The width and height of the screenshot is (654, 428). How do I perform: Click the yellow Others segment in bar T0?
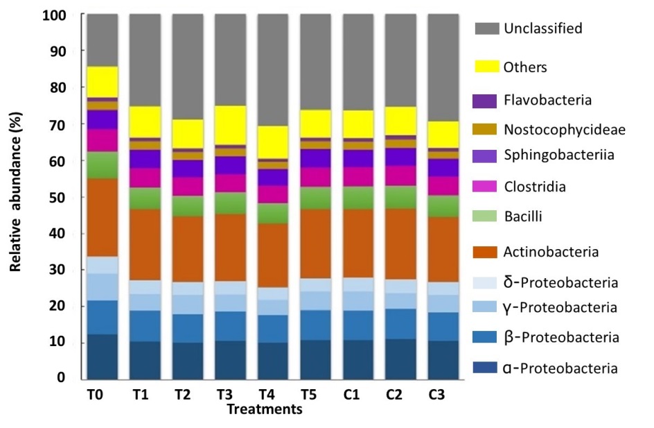(102, 82)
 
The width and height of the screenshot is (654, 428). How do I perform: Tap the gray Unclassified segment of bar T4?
(273, 69)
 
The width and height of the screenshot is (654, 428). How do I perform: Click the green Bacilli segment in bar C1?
(357, 198)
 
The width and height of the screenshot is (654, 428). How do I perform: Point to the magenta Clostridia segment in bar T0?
(102, 140)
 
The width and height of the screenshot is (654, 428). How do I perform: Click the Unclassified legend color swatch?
(487, 29)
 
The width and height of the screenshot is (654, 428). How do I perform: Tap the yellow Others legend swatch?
(487, 67)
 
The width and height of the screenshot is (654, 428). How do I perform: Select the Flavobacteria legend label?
(548, 101)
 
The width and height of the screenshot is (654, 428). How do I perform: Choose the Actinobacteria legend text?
(551, 252)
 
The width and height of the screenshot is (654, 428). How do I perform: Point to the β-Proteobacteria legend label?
(560, 338)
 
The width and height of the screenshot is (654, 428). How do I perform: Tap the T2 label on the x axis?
(182, 395)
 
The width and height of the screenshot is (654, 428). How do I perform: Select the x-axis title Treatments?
(264, 409)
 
